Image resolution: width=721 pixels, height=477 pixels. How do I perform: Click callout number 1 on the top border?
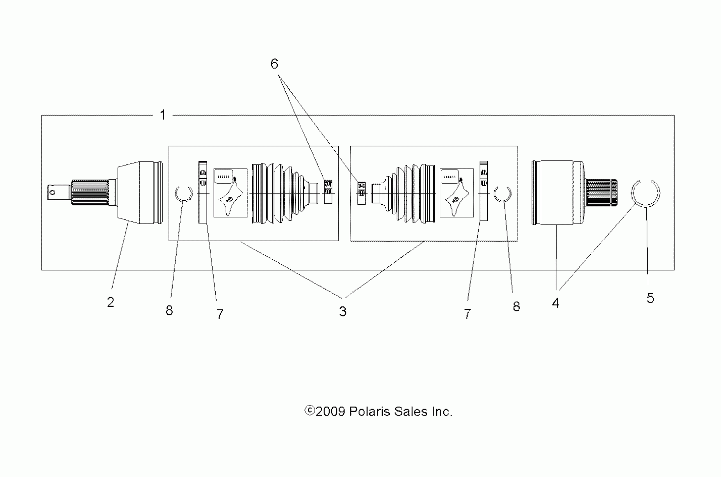point(163,115)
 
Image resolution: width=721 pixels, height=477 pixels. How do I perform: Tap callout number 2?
point(110,302)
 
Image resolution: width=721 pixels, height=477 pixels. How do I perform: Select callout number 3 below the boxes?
point(343,311)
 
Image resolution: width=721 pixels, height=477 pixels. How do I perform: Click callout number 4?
point(555,303)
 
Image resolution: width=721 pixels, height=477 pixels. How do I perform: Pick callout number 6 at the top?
point(274,64)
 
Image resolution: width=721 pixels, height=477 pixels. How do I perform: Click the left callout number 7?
point(220,314)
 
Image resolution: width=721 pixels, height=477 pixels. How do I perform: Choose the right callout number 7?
point(467,314)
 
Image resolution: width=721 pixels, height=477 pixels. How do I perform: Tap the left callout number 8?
point(169,311)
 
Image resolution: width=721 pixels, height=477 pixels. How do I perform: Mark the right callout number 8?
point(516,307)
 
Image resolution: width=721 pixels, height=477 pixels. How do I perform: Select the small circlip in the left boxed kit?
point(184,194)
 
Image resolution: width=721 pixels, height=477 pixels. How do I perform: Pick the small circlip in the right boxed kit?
point(502,194)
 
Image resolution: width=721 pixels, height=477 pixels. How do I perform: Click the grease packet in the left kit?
point(231,193)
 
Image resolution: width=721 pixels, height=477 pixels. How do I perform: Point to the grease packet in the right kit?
point(457,193)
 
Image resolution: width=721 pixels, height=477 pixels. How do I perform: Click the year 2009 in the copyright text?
point(330,412)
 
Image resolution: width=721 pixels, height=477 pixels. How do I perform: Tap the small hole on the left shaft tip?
point(53,192)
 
